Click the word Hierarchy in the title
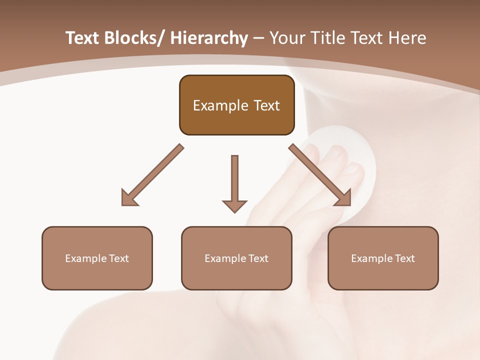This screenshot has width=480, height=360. [x=209, y=38]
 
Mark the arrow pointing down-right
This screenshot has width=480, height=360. [x=320, y=175]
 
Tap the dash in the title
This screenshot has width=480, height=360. [x=258, y=38]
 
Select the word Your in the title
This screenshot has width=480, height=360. [x=286, y=38]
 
